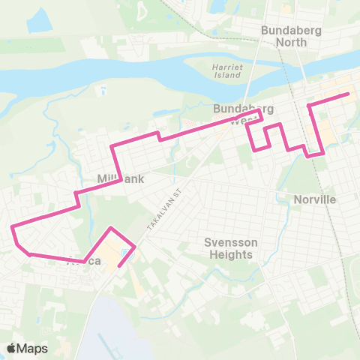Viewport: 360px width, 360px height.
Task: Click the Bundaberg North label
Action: pos(284,36)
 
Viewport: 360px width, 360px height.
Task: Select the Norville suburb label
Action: pos(315,199)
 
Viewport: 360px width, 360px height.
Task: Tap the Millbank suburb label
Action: pos(120,179)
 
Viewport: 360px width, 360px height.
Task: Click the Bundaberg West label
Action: pos(241,115)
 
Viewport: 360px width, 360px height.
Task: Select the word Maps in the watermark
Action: pos(34,348)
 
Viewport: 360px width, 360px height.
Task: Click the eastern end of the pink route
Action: pos(349,94)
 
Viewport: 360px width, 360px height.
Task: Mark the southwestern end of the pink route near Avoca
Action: pos(119,265)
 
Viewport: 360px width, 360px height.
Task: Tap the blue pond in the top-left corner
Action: pos(39,20)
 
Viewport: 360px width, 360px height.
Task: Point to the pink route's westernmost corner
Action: pos(11,226)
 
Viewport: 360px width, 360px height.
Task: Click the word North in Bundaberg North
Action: pos(291,42)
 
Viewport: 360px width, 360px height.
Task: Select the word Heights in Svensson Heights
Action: pos(232,254)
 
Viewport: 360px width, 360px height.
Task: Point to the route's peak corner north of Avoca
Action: pos(111,227)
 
